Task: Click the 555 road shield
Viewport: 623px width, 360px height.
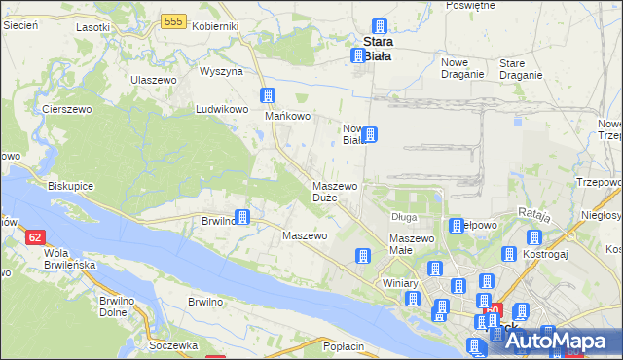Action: point(175,20)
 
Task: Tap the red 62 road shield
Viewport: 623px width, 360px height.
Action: point(35,236)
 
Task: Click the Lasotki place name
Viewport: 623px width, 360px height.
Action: point(92,26)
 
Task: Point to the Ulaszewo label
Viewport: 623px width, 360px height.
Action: point(153,79)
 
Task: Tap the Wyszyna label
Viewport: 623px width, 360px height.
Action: point(221,72)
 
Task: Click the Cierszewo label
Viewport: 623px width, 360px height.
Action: point(66,109)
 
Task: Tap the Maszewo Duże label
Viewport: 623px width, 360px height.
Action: point(334,191)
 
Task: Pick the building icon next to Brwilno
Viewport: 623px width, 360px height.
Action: point(242,218)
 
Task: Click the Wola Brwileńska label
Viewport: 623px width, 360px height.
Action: point(35,263)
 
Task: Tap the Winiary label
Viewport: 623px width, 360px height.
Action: point(400,283)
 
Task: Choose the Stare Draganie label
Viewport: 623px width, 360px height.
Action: point(520,68)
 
